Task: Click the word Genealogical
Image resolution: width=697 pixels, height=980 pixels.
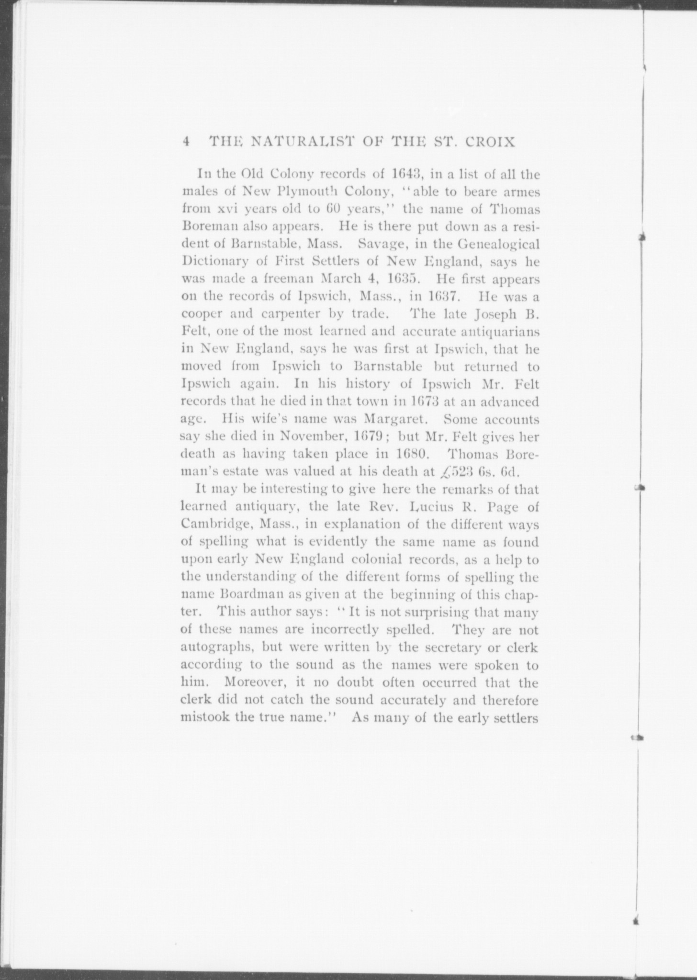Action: click(498, 244)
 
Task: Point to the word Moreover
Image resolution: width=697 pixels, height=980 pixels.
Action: click(252, 682)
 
